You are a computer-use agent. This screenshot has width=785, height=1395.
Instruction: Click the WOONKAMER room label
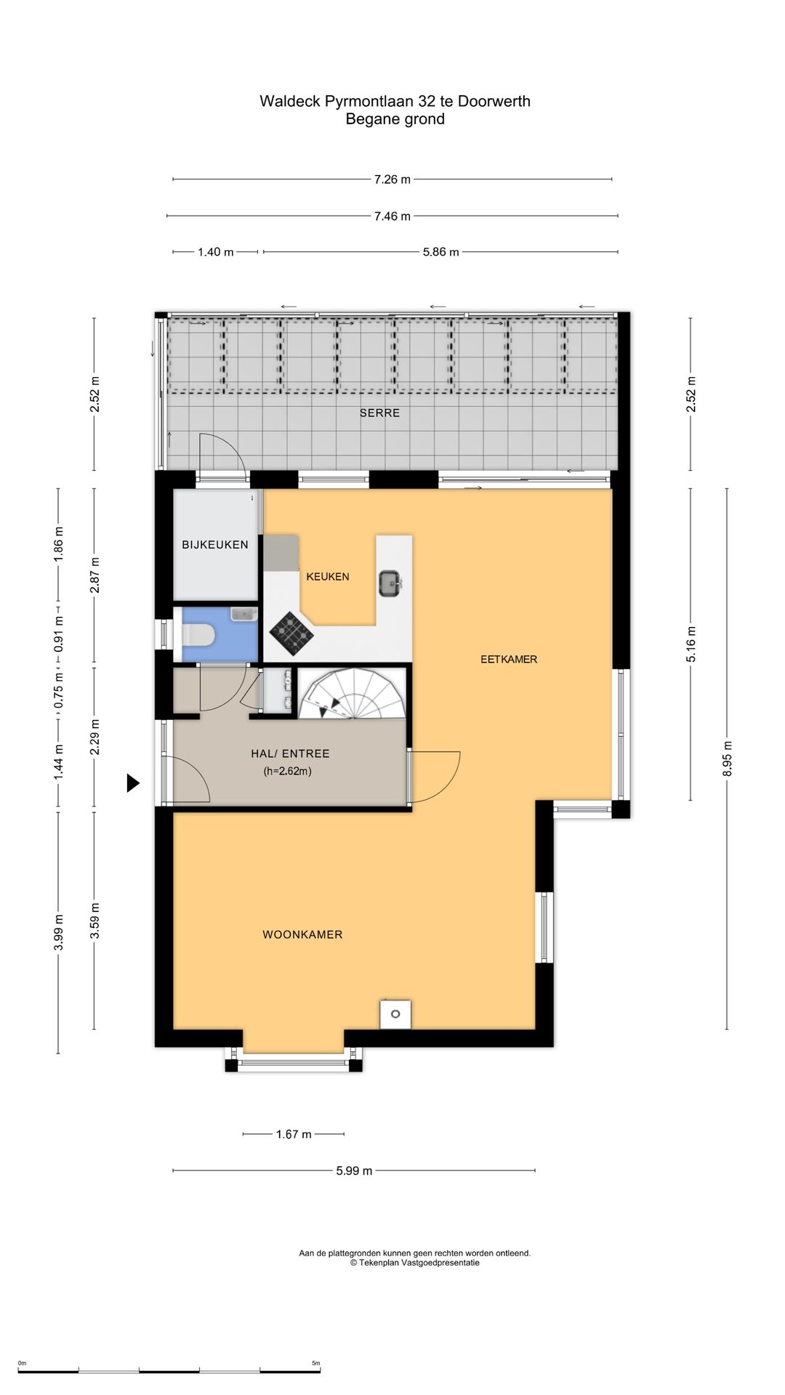(302, 934)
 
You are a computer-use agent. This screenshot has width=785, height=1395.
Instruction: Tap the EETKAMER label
(509, 659)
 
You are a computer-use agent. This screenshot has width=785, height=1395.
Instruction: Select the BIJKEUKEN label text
(215, 544)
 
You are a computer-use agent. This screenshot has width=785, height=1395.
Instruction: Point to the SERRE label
(379, 413)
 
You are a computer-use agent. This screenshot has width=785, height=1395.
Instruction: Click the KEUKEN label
(328, 576)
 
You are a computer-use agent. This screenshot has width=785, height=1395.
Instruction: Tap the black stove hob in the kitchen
(291, 634)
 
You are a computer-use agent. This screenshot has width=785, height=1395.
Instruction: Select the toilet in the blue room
(198, 636)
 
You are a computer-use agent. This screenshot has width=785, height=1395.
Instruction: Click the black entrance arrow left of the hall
(133, 783)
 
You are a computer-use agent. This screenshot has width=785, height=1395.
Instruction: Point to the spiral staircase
(353, 693)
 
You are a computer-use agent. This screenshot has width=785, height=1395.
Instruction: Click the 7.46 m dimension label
(392, 216)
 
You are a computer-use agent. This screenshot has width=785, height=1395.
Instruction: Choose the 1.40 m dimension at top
(216, 252)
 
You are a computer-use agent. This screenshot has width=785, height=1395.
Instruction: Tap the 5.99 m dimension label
(354, 1170)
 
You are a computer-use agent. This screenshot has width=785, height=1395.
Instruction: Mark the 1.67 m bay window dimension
(294, 1134)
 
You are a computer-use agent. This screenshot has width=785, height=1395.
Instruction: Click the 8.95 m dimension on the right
(728, 759)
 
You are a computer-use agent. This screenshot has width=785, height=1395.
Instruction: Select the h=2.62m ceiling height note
(288, 772)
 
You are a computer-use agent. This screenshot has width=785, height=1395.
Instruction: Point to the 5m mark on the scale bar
(315, 1363)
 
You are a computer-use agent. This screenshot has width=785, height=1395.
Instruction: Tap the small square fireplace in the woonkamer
(395, 1014)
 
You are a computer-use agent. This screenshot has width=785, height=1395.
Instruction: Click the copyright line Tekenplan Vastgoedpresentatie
(415, 1263)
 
